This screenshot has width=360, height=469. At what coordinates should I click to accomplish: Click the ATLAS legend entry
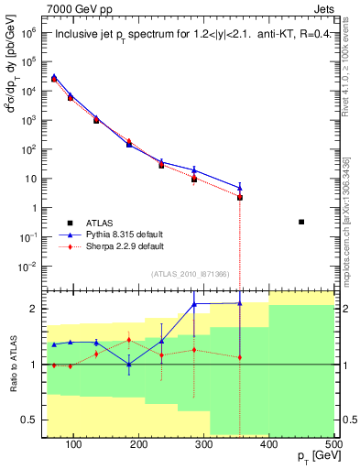click(x=100, y=222)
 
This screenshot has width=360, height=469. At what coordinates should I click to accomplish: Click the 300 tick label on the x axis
click(x=204, y=445)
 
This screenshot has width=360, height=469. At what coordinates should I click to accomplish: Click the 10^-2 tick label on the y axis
click(x=28, y=267)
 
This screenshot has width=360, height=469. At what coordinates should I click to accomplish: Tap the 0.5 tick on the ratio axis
click(x=34, y=420)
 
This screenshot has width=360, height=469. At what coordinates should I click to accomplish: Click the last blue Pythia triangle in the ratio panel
click(x=240, y=303)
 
